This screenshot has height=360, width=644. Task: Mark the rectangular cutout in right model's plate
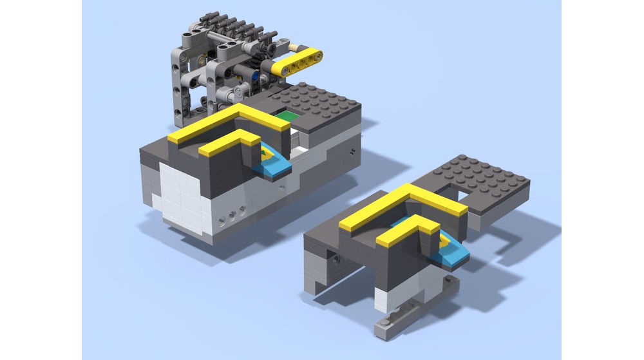[x=468, y=193]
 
